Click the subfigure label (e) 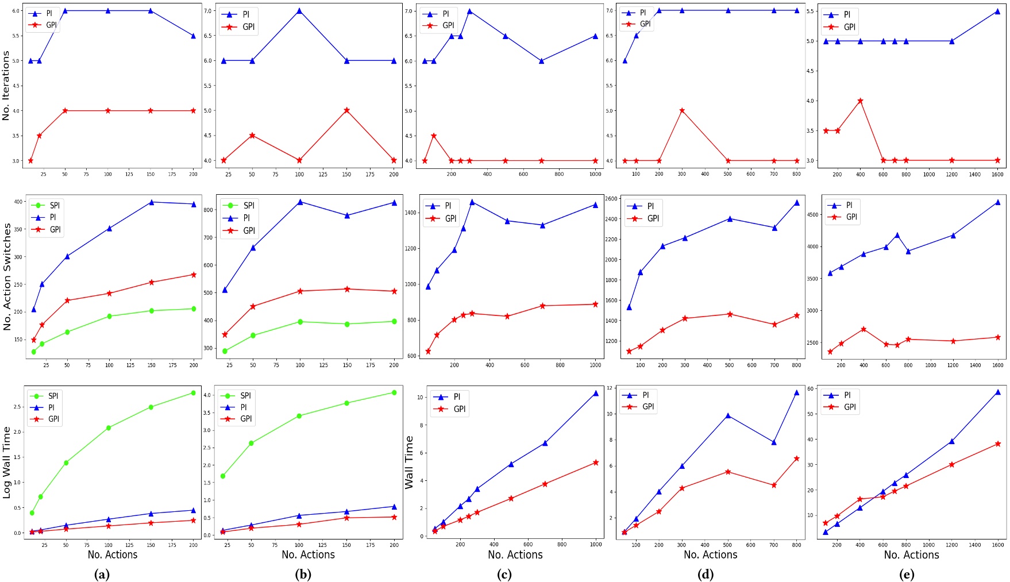906,574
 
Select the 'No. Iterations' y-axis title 6,86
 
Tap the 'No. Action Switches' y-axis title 7,276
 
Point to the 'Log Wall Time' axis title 7,462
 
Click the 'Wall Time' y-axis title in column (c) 409,462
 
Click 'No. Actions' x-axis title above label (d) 710,555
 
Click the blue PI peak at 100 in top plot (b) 299,11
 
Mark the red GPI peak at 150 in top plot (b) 346,110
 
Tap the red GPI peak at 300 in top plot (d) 682,110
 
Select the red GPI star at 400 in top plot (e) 860,101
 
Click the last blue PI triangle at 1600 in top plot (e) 997,11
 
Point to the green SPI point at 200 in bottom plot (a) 193,393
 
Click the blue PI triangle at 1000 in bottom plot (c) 596,394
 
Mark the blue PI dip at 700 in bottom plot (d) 774,442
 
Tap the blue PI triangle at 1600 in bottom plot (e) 998,392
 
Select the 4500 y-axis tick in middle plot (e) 812,215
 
